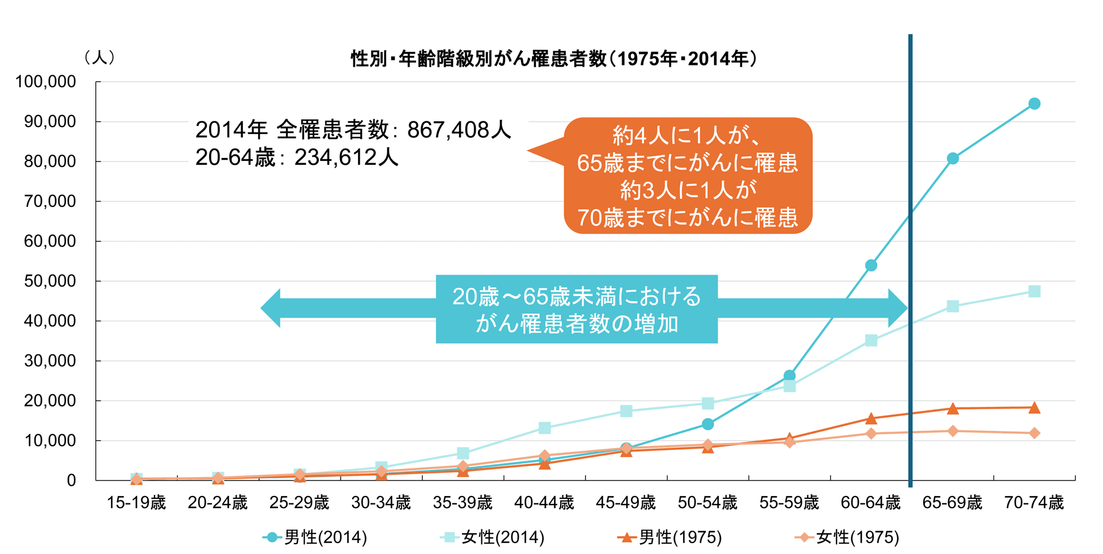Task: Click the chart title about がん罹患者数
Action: (554, 59)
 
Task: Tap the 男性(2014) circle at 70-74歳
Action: (1034, 104)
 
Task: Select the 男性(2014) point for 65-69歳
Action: (952, 159)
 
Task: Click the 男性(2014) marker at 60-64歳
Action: (871, 266)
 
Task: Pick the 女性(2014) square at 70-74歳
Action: (1034, 291)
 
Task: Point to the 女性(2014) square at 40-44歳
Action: (545, 428)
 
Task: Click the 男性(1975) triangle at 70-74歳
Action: (1034, 408)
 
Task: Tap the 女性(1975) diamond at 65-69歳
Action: (952, 431)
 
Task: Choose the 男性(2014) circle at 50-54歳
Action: (708, 424)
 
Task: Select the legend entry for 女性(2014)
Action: (492, 537)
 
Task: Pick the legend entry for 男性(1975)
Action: (670, 537)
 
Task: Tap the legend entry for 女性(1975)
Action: (847, 537)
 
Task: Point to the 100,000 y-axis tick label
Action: (45, 82)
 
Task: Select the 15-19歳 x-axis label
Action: (136, 503)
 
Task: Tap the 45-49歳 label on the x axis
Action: (626, 503)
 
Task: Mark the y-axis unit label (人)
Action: (99, 57)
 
